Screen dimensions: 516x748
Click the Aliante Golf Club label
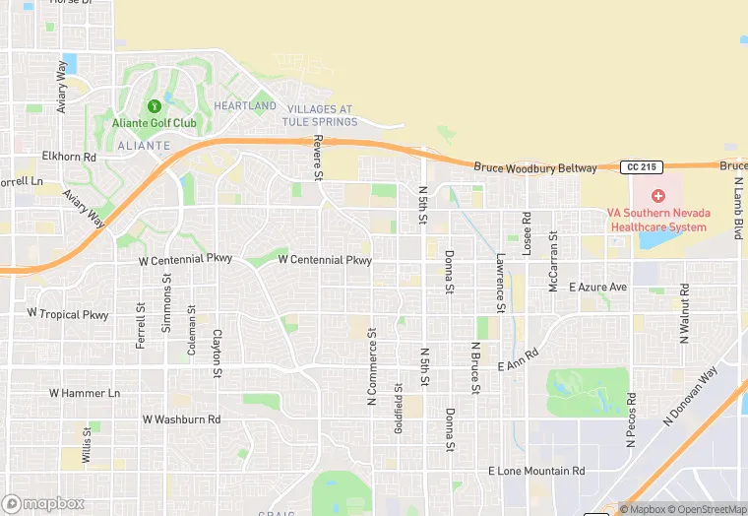click(x=155, y=123)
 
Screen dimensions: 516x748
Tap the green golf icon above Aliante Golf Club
click(x=154, y=106)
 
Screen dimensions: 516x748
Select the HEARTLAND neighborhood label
click(x=245, y=105)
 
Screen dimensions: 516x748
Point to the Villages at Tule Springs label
click(x=319, y=115)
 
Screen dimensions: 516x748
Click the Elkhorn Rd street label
click(x=69, y=157)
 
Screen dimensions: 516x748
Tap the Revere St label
click(x=318, y=160)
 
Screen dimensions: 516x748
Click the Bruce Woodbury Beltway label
click(x=535, y=168)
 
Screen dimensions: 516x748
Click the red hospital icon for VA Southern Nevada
click(x=657, y=196)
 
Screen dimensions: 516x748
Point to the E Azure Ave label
click(x=598, y=287)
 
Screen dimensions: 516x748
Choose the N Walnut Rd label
click(x=685, y=313)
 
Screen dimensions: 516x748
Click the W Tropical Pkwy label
click(x=68, y=314)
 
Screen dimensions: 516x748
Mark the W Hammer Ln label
click(x=84, y=393)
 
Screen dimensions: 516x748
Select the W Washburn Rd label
click(x=181, y=419)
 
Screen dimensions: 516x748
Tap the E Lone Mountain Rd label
click(x=536, y=472)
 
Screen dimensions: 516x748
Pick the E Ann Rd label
click(x=519, y=359)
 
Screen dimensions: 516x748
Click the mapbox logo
click(x=43, y=502)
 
